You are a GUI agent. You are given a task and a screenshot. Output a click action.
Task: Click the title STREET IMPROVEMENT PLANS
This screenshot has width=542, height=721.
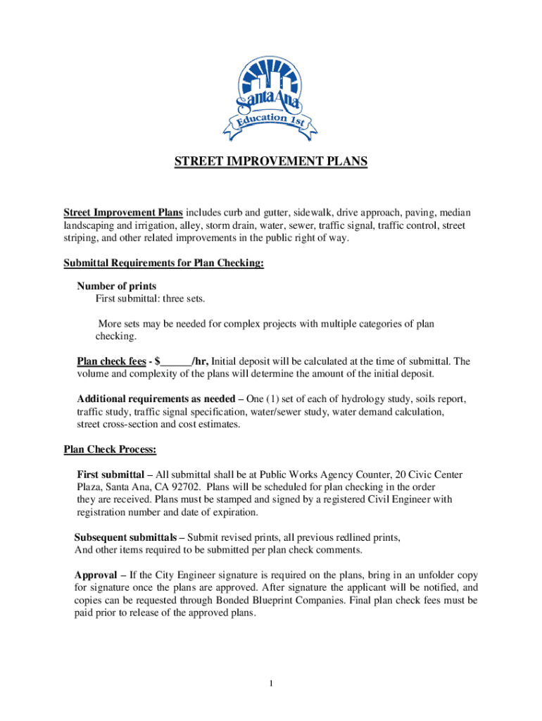[271, 163]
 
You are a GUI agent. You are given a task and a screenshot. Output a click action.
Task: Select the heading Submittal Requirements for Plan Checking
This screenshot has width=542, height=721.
[164, 263]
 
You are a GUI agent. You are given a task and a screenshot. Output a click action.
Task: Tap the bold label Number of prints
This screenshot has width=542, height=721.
[116, 287]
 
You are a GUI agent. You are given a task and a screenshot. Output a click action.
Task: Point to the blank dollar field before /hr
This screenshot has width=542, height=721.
[175, 362]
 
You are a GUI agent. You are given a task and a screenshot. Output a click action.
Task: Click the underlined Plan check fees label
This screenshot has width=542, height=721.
[111, 362]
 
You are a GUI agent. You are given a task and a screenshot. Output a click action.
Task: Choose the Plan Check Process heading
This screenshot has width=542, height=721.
[110, 449]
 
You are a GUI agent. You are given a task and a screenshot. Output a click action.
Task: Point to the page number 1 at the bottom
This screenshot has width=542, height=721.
[271, 683]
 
